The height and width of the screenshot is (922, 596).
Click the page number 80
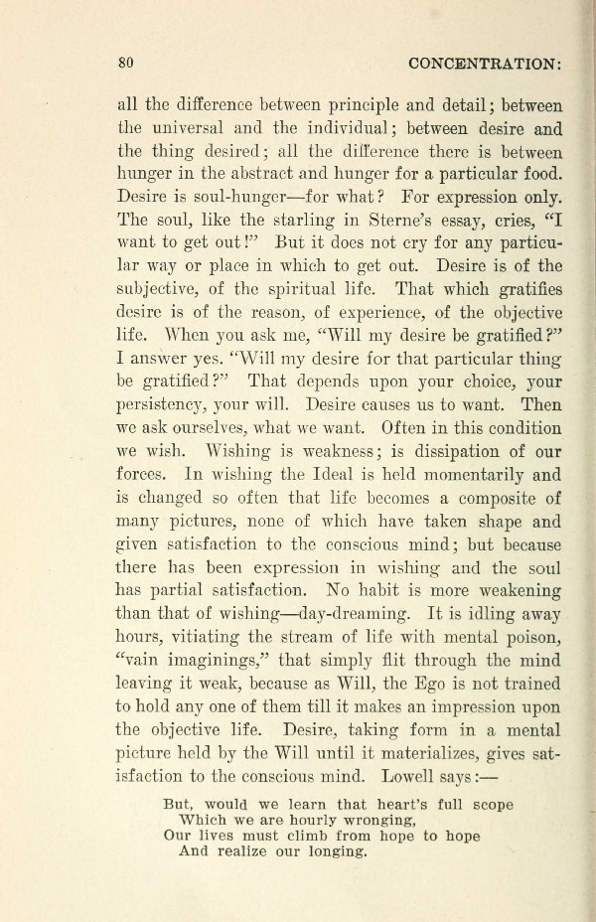126,63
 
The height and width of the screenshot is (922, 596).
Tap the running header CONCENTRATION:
487,63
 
